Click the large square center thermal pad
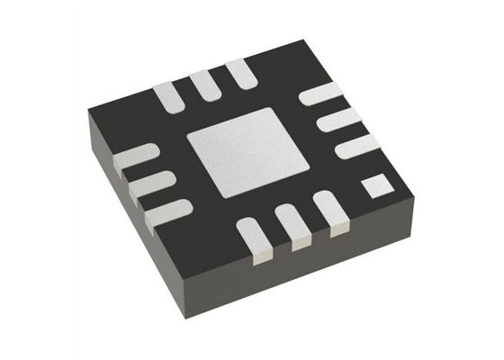tap(246, 152)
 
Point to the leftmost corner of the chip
tap(88, 110)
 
